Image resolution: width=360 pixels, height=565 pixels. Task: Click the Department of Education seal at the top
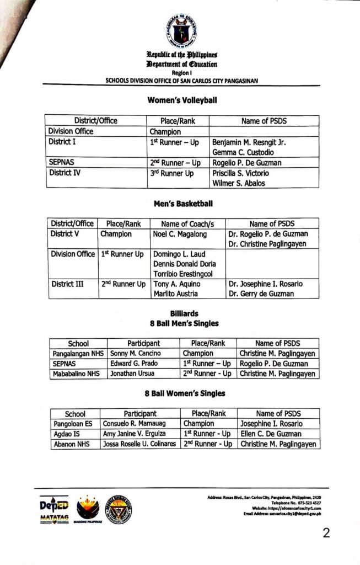181,31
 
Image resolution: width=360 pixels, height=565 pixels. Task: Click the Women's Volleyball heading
182,100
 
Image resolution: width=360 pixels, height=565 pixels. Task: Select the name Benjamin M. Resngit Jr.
249,142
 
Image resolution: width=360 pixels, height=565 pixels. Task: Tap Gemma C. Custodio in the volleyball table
245,152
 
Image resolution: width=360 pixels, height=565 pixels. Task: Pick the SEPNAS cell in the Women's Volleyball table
62,163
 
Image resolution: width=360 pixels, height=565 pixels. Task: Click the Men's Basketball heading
183,204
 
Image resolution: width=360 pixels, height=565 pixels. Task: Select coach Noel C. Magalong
180,234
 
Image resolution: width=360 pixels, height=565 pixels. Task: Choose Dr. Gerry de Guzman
261,294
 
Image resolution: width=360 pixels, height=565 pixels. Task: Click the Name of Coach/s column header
187,224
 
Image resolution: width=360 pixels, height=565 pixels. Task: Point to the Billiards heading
183,313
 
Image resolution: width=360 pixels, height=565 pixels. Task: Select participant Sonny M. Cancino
136,353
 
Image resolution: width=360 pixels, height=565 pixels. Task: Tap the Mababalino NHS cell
77,374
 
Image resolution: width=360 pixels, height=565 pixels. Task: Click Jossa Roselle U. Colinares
139,444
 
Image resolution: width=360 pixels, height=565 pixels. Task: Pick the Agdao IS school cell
67,434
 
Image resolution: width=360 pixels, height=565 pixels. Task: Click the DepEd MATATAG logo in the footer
54,510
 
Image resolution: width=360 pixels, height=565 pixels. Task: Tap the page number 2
326,534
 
